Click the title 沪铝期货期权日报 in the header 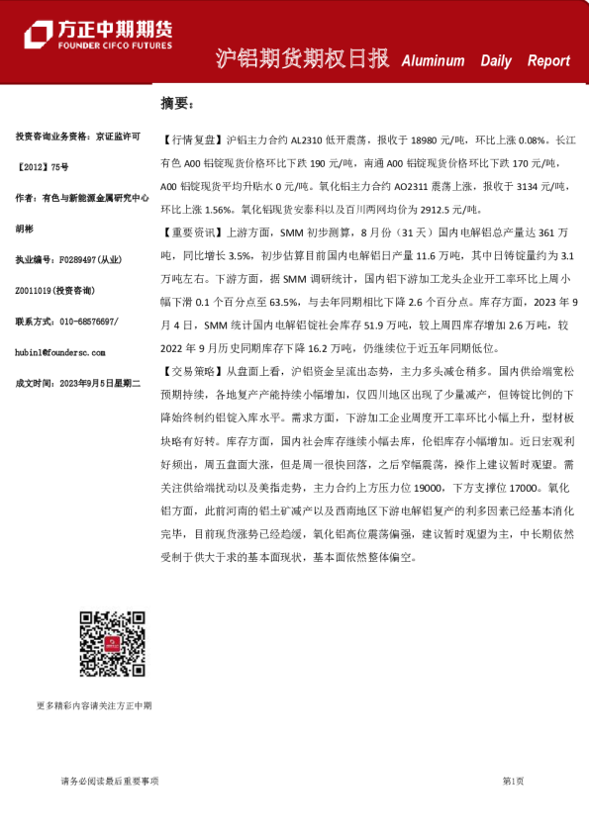coord(302,58)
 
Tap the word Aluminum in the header coord(433,60)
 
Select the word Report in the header coord(548,60)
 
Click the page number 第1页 coord(513,781)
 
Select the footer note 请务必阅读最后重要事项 coord(110,781)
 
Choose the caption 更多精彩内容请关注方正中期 coord(95,705)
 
